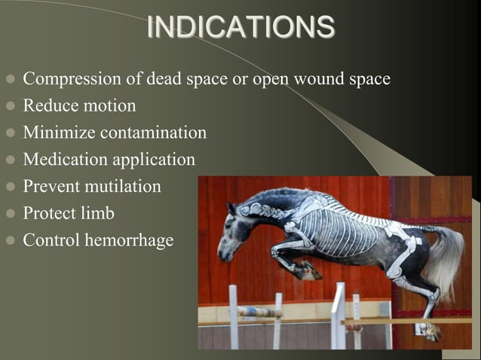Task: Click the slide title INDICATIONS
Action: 240,27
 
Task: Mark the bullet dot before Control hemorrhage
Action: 10,242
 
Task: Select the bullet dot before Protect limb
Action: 10,215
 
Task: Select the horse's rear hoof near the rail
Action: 427,329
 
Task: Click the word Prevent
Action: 49,186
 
